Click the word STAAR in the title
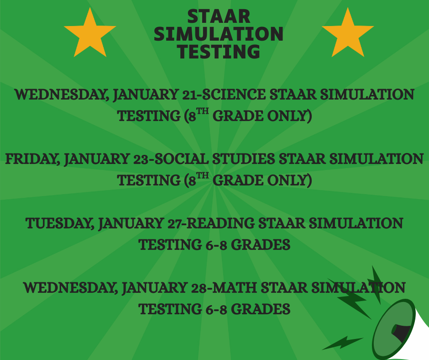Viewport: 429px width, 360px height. tap(219, 16)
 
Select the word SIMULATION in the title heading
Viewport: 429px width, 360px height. tap(219, 34)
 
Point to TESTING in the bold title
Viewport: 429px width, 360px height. tap(219, 51)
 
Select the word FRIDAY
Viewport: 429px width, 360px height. tap(32, 159)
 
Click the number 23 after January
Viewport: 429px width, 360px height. tap(142, 159)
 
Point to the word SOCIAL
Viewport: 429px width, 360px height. tap(181, 159)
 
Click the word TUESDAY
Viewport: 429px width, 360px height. tap(59, 224)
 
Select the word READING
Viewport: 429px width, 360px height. tap(220, 224)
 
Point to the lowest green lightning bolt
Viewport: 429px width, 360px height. tap(342, 343)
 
